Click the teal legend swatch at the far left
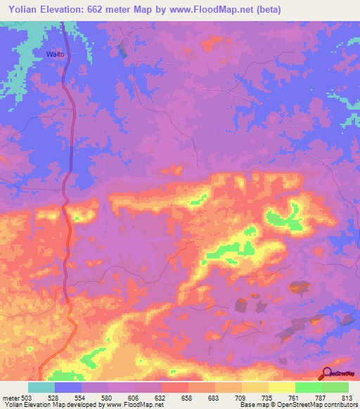[x=41, y=387]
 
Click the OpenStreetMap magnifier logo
[x=327, y=373]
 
